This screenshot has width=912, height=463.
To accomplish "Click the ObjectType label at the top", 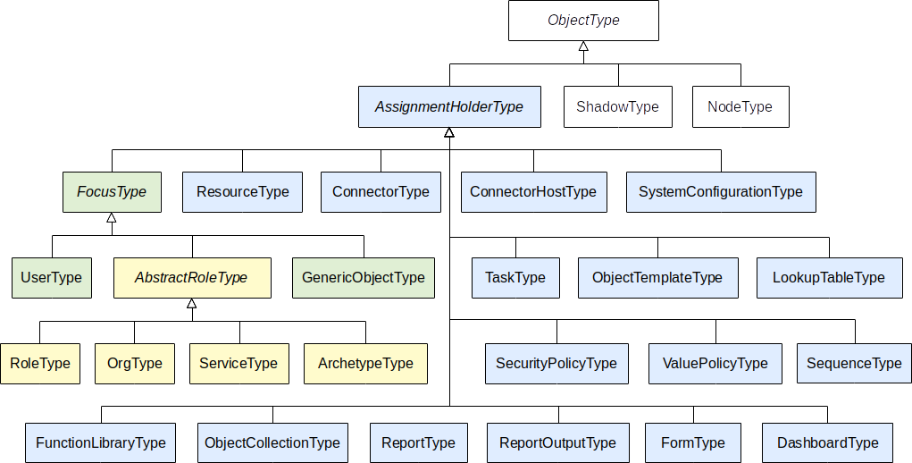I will coord(582,20).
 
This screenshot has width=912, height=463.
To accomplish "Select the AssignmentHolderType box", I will coord(448,106).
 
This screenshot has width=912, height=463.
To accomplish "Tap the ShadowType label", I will coord(617,106).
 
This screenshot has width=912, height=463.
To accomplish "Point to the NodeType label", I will coord(740,106).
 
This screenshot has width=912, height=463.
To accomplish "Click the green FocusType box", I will coord(112,191).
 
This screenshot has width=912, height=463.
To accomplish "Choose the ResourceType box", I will coord(242,191).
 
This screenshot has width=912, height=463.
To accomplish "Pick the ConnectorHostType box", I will coord(533,191).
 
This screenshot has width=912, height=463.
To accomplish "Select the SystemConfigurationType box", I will coord(721,191).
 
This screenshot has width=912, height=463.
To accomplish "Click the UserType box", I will coord(52,277).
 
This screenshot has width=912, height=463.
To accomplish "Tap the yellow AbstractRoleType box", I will coord(191,277).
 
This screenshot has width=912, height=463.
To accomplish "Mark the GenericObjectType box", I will coord(364,277).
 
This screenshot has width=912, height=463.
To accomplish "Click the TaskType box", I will coord(515,277).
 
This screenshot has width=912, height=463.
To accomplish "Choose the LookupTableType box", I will coord(829,277).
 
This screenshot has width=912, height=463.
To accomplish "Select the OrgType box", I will coord(135,363).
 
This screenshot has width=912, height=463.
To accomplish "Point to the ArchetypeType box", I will coord(365,363).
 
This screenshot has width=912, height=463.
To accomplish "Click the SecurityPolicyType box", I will coord(556,363).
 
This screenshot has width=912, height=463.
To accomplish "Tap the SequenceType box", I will coord(854,363).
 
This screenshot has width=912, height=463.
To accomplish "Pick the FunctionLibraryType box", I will coord(101,442).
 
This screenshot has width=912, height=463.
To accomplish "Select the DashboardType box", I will coord(828,442).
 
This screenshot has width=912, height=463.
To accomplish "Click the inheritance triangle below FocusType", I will coord(112,217).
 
